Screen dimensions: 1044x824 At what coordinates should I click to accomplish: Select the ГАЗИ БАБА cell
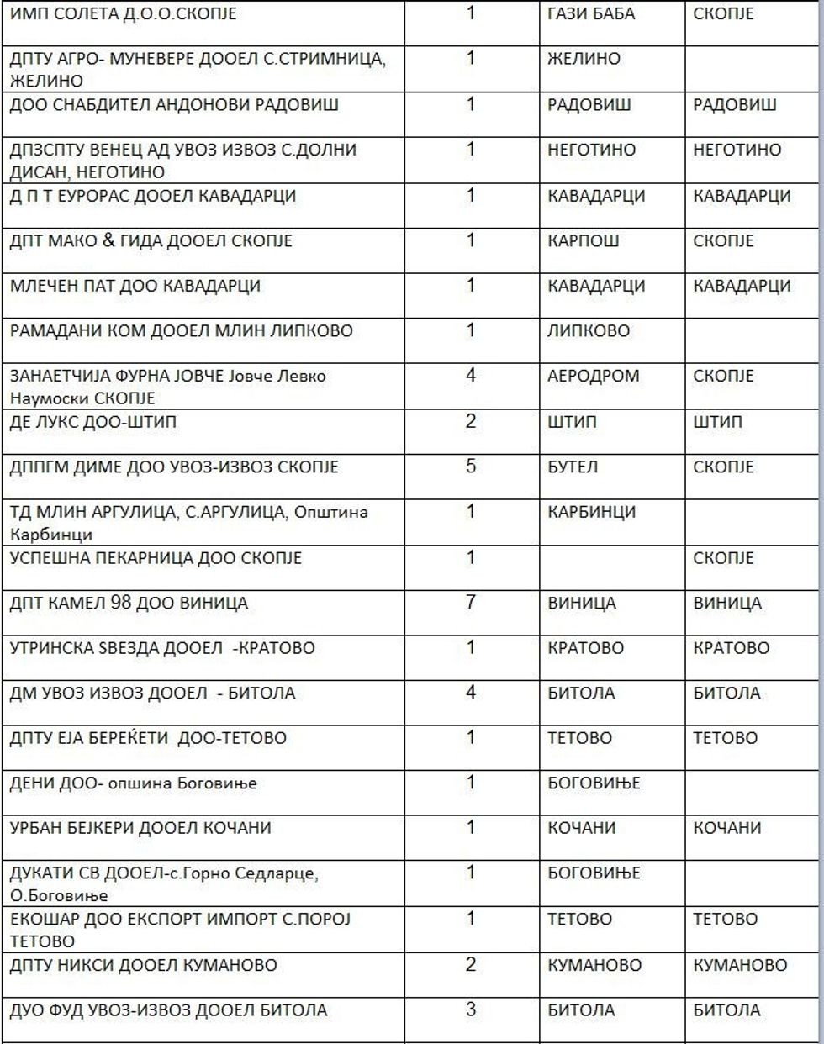[591, 14]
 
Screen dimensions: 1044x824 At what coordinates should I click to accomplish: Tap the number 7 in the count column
[471, 602]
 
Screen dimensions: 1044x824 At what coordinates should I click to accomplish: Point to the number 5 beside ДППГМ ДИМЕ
[471, 466]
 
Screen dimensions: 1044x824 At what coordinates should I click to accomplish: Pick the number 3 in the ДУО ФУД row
[471, 1010]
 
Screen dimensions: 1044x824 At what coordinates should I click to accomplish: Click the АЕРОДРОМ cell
[593, 376]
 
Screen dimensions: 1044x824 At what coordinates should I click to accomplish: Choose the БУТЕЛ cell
[573, 467]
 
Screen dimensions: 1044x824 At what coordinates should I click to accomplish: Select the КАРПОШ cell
[584, 240]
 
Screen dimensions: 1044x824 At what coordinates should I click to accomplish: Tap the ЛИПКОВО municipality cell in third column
[589, 331]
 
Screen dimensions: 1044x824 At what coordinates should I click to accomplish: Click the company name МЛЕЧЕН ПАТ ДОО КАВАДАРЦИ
[135, 286]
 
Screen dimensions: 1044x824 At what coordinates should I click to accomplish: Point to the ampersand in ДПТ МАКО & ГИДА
[108, 240]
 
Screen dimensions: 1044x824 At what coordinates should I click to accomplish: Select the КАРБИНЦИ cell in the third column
[591, 512]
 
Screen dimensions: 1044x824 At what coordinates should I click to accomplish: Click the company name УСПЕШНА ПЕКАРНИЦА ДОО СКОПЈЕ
[156, 558]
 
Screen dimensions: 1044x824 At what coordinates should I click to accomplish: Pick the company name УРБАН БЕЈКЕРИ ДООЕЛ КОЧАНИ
[140, 828]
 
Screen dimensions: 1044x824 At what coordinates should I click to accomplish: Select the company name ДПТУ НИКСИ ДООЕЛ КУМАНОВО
[143, 965]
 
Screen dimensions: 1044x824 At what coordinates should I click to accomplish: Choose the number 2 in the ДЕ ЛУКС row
[471, 420]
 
